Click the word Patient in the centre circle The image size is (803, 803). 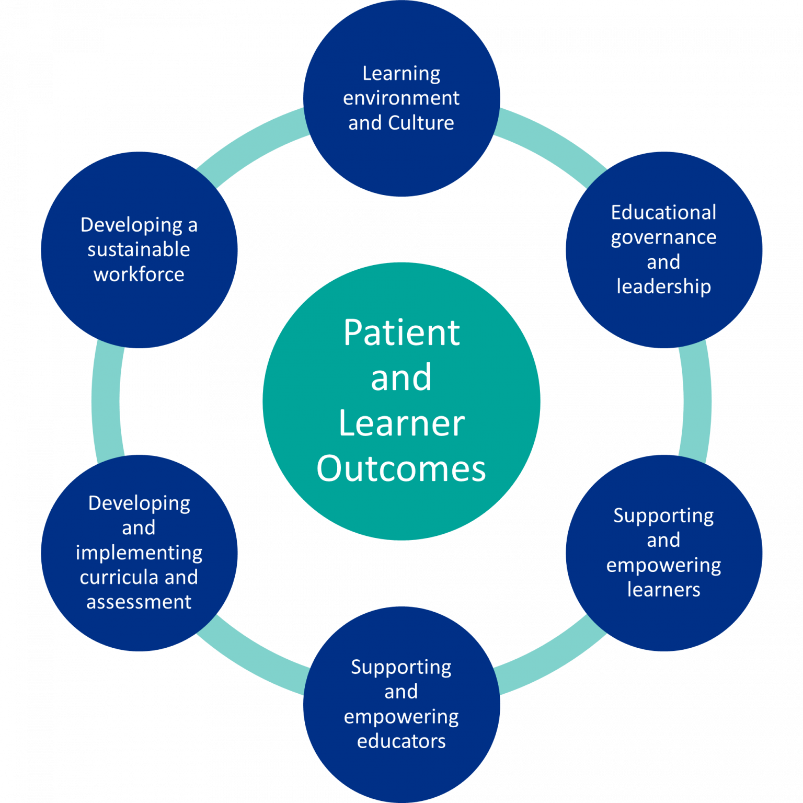pyautogui.click(x=401, y=332)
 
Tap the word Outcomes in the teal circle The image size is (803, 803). pyautogui.click(x=401, y=468)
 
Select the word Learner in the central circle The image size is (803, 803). pyautogui.click(x=401, y=423)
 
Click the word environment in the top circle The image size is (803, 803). pyautogui.click(x=401, y=98)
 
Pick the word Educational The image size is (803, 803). pyautogui.click(x=663, y=213)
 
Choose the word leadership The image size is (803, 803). pyautogui.click(x=663, y=287)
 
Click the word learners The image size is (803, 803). pyautogui.click(x=663, y=590)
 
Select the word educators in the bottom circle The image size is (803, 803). pyautogui.click(x=401, y=741)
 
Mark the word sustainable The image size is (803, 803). pyautogui.click(x=139, y=250)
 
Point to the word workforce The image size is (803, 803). pyautogui.click(x=139, y=274)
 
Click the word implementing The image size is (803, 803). pyautogui.click(x=139, y=553)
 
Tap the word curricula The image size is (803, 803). pyautogui.click(x=119, y=577)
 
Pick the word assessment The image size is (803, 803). pyautogui.click(x=139, y=602)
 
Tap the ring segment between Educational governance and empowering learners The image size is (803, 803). pyautogui.click(x=696, y=401)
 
